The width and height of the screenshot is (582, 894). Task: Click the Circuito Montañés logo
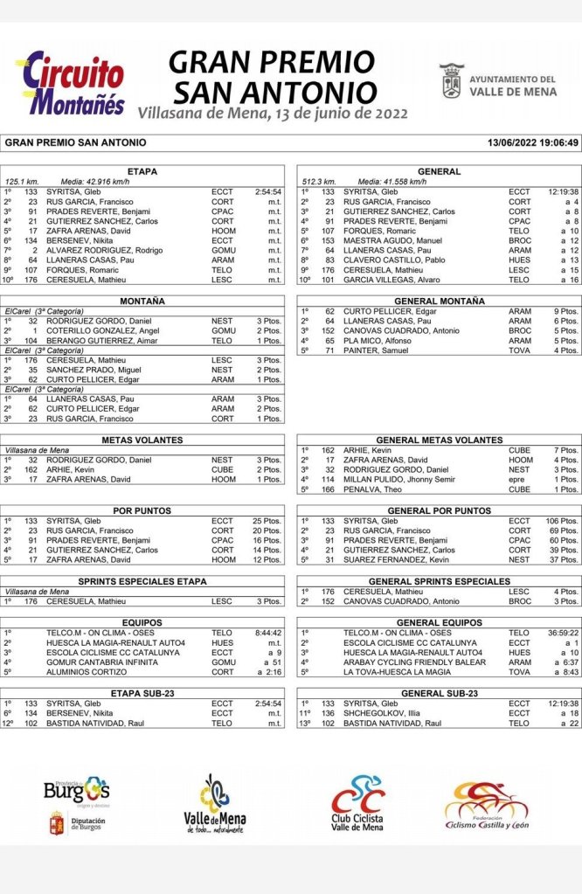[71, 83]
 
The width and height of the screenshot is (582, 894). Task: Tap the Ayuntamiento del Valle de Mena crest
[452, 80]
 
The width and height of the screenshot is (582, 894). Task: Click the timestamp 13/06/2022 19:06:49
[533, 142]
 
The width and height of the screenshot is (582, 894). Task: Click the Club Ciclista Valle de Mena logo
[357, 803]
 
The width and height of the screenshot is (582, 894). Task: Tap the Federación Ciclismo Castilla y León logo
[486, 804]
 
